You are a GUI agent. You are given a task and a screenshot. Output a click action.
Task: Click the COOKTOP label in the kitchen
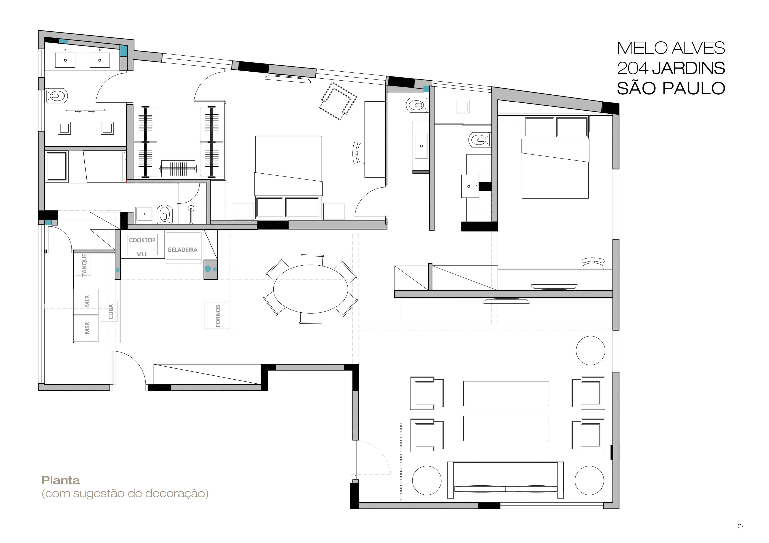pos(142,240)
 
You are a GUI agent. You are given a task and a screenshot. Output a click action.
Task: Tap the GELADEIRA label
pos(182,250)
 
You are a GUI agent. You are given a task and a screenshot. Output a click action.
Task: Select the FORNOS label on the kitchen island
pos(218,316)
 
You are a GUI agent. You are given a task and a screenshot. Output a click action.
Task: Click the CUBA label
pos(111,312)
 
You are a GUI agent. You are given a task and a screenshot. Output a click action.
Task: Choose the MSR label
pos(87,328)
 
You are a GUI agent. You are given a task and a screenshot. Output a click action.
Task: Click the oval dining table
pos(310,289)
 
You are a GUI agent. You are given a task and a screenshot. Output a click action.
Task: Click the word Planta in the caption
pos(61,480)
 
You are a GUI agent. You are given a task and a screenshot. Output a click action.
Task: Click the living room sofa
pos(506,480)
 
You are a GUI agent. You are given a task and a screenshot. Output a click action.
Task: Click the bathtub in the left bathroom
pos(57,166)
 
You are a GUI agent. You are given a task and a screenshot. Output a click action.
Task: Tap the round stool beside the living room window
pos(591,350)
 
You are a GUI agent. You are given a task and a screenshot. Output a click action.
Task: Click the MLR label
pos(87,301)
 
